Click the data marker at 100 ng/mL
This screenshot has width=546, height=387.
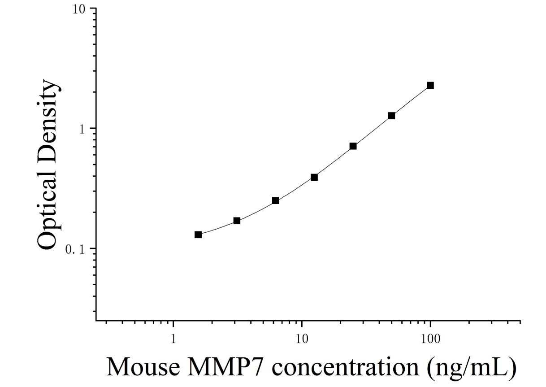(430, 85)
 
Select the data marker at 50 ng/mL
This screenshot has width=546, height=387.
(391, 116)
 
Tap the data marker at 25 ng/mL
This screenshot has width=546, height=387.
(353, 146)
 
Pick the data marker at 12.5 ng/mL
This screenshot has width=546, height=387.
(314, 177)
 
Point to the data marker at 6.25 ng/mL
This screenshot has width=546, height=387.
(275, 201)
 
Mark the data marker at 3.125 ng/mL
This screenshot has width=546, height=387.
(237, 221)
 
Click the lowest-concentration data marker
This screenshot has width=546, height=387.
(198, 235)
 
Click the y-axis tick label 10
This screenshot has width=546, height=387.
(79, 10)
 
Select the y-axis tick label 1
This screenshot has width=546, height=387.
(82, 129)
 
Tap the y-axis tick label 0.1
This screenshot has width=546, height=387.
(75, 249)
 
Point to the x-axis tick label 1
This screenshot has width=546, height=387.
(173, 339)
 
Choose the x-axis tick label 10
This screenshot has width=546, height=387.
(302, 339)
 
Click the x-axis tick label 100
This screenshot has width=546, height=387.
(430, 339)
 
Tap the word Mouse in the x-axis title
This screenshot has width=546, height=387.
(143, 367)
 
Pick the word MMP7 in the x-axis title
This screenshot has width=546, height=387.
(226, 367)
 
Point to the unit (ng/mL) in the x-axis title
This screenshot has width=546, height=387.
(472, 369)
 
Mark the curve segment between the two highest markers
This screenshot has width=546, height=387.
(411, 100)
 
